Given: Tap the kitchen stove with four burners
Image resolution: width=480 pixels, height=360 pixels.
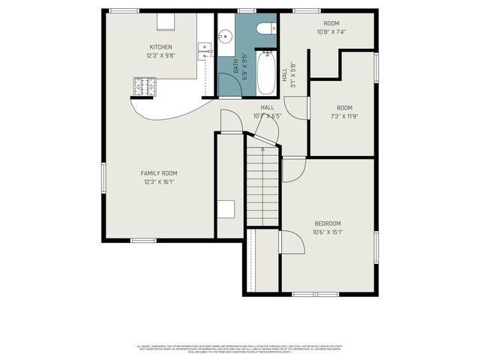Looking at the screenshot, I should click(147, 87).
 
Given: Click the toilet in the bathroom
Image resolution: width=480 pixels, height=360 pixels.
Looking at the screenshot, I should click(263, 28).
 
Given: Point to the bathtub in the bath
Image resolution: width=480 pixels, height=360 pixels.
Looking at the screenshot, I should click(267, 73).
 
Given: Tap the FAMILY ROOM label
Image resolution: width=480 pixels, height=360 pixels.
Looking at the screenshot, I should click(158, 173).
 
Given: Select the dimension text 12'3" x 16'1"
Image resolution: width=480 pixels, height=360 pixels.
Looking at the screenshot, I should click(158, 181).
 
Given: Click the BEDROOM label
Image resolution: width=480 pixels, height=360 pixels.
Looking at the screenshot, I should click(328, 223).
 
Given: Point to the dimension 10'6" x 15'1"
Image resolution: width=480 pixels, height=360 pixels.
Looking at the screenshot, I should click(328, 232).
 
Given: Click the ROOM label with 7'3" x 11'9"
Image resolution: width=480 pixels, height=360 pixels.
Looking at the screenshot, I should click(344, 108).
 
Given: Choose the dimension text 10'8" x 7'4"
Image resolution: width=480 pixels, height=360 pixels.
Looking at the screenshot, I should click(331, 32).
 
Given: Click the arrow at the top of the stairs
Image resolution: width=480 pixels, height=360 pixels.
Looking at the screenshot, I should click(262, 149).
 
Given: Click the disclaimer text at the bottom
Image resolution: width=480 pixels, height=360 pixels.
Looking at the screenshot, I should click(239, 348).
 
